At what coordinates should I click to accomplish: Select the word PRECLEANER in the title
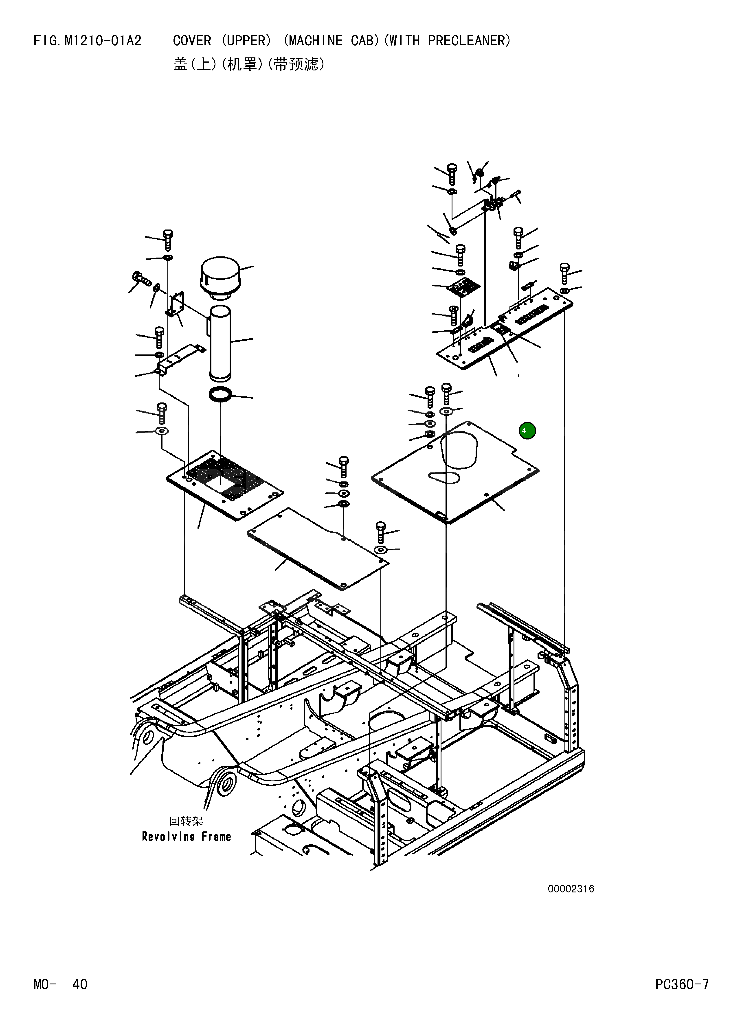[x=468, y=41]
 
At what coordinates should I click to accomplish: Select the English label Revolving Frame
[x=187, y=837]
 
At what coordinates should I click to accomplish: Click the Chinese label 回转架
[x=186, y=820]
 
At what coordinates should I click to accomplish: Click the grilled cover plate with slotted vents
[x=225, y=485]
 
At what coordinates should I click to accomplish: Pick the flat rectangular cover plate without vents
[x=317, y=548]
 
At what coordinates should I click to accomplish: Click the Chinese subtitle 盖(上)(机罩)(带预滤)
[x=249, y=65]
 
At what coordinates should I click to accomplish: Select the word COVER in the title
[x=192, y=41]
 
